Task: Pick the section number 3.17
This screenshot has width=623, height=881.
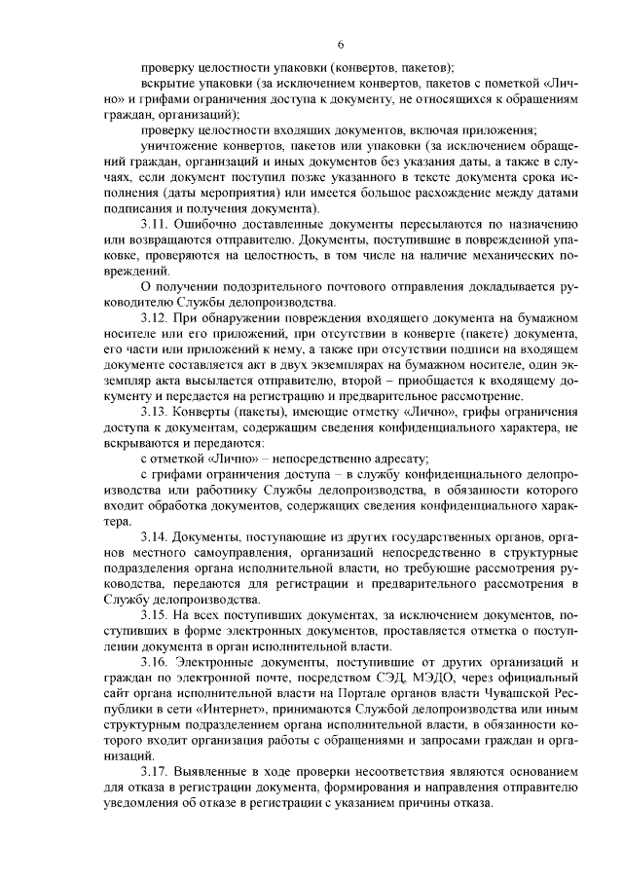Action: click(x=155, y=777)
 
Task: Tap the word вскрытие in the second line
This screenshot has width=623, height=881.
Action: click(x=169, y=84)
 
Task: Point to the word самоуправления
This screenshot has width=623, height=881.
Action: click(x=221, y=556)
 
